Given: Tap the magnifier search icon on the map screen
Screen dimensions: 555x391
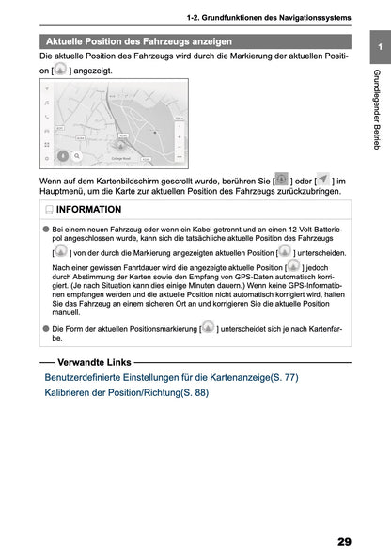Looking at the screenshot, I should pyautogui.click(x=77, y=158).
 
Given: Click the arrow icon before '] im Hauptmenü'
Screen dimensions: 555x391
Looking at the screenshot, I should pyautogui.click(x=322, y=179).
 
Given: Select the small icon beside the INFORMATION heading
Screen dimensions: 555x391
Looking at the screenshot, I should pyautogui.click(x=48, y=210).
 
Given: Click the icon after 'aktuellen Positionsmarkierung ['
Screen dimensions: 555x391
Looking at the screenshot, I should pyautogui.click(x=208, y=326).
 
